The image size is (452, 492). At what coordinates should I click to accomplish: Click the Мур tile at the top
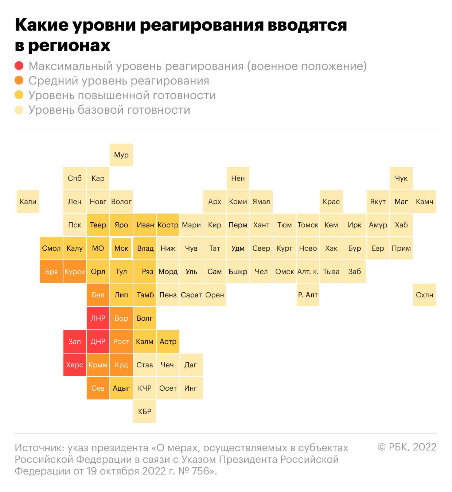pyautogui.click(x=121, y=155)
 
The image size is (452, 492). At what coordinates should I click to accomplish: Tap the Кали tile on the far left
pyautogui.click(x=28, y=202)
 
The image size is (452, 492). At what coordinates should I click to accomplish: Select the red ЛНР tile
pyautogui.click(x=98, y=318)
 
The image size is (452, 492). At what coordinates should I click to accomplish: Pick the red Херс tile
pyautogui.click(x=75, y=365)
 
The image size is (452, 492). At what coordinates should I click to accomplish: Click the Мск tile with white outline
pyautogui.click(x=121, y=248)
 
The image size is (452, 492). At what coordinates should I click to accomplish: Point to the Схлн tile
pyautogui.click(x=425, y=295)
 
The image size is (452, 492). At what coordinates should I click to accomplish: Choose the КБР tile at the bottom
pyautogui.click(x=145, y=411)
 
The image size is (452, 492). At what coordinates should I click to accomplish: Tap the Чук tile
pyautogui.click(x=401, y=178)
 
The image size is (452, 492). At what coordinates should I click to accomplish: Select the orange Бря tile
pyautogui.click(x=51, y=272)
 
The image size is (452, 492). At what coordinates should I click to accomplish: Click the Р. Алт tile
pyautogui.click(x=308, y=295)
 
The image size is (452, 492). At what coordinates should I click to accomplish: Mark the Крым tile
pyautogui.click(x=98, y=365)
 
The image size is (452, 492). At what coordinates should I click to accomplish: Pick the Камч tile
pyautogui.click(x=425, y=202)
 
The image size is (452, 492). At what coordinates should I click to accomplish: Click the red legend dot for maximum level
pyautogui.click(x=19, y=66)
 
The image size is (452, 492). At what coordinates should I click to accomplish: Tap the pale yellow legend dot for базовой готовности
pyautogui.click(x=19, y=110)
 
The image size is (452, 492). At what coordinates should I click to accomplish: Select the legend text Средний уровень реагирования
pyautogui.click(x=119, y=81)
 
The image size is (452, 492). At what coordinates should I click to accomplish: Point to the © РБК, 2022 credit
pyautogui.click(x=407, y=447)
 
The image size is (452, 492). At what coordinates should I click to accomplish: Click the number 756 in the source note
pyautogui.click(x=200, y=471)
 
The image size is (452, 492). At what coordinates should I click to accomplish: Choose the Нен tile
pyautogui.click(x=238, y=178)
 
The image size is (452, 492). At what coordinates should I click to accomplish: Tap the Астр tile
pyautogui.click(x=168, y=341)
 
